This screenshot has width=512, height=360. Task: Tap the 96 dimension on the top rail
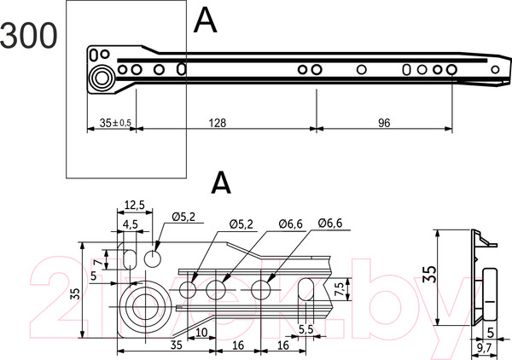click(x=383, y=123)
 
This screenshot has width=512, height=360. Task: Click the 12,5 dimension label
click(x=135, y=206)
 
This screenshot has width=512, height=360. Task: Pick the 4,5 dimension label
click(x=131, y=224)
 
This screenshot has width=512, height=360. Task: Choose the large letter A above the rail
click(x=205, y=20)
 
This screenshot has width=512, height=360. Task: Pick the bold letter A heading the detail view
click(x=220, y=183)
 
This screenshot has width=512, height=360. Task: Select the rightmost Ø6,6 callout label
click(x=329, y=224)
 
